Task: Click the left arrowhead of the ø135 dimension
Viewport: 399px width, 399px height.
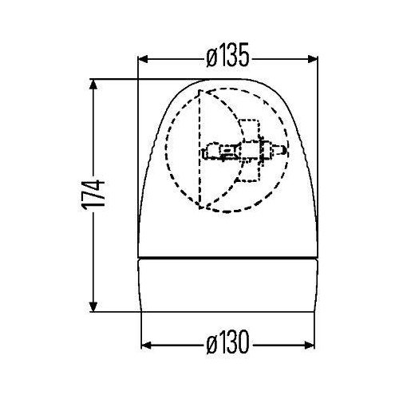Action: (144, 57)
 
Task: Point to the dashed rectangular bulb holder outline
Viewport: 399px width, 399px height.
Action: (248, 149)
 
